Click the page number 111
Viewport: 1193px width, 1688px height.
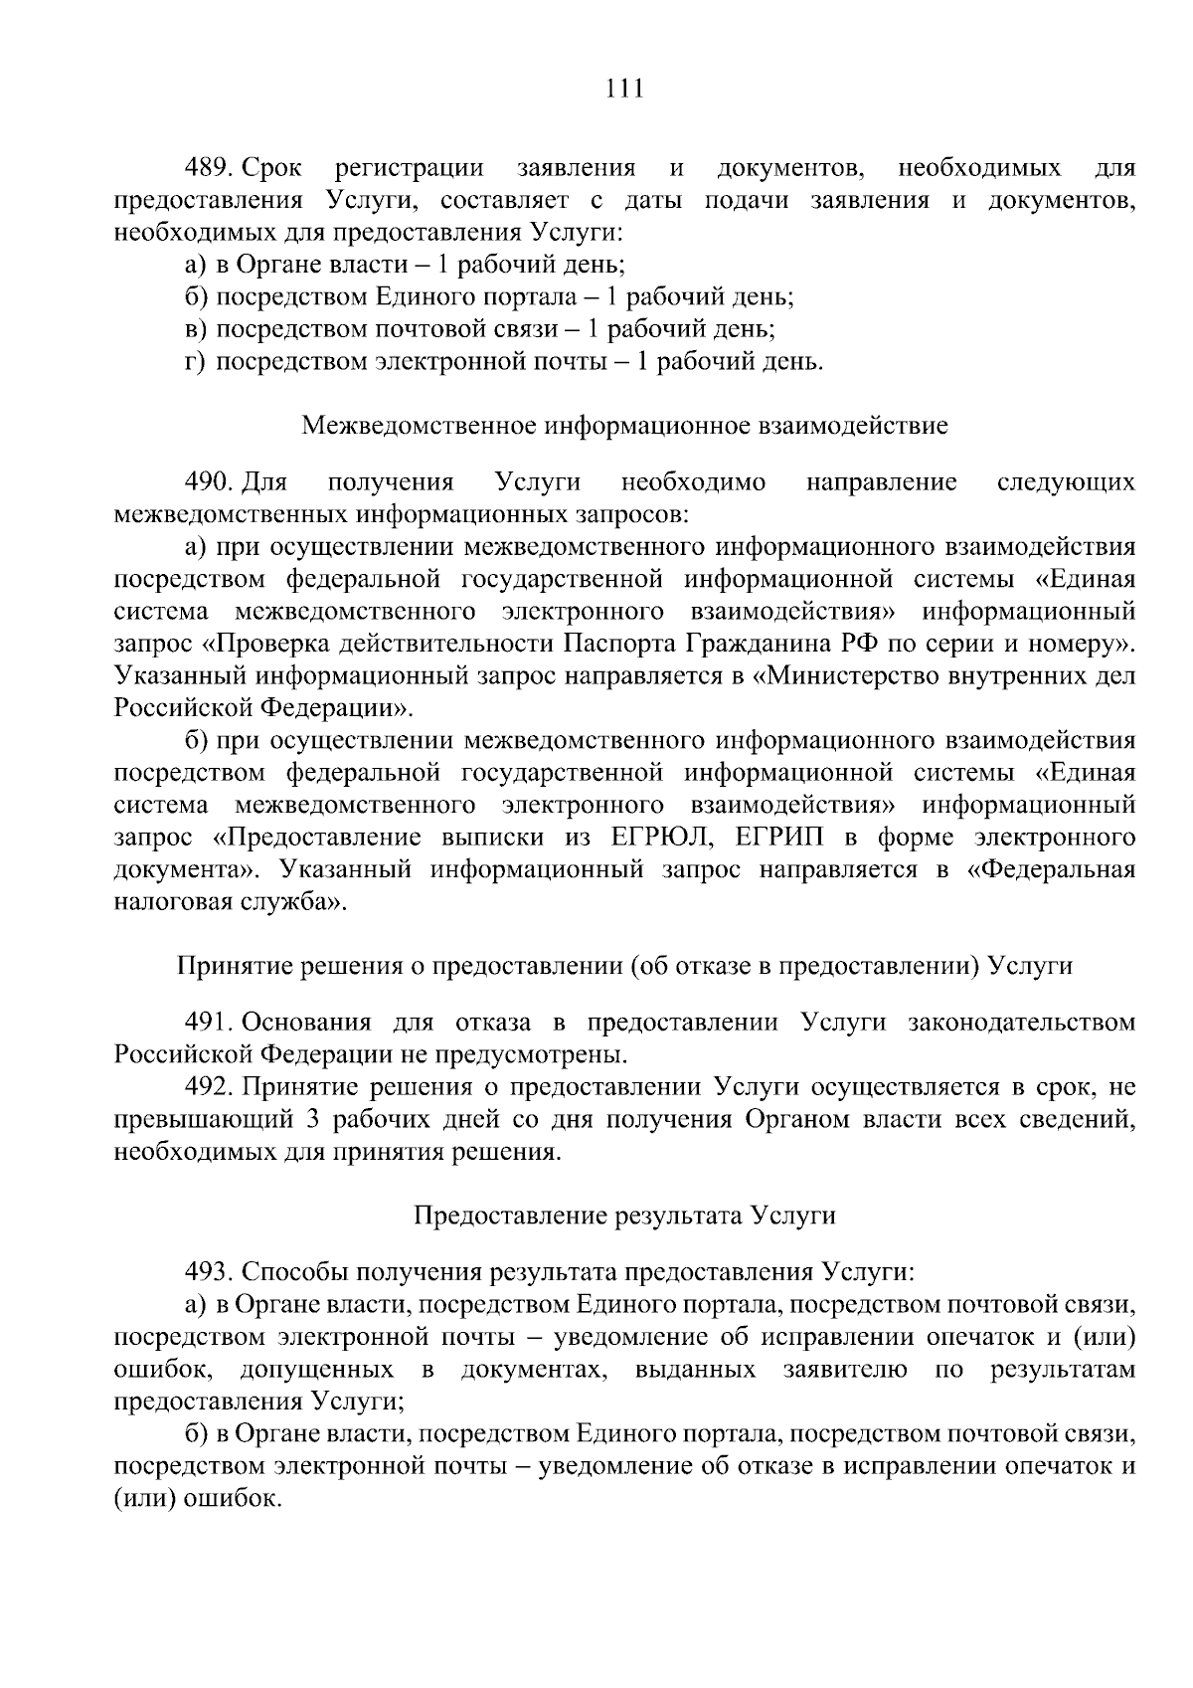(x=624, y=90)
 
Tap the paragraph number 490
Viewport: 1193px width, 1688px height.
(x=209, y=483)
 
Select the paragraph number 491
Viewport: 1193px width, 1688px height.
(x=209, y=1023)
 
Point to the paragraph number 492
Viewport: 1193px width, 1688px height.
(x=209, y=1087)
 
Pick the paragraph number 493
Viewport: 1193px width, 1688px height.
(x=209, y=1272)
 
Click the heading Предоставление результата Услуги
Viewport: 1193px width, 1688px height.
(x=624, y=1216)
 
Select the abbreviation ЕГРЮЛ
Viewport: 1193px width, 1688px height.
(x=653, y=838)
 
